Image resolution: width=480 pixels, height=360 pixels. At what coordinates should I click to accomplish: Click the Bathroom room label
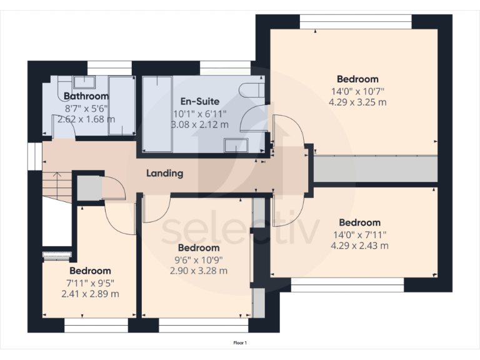pyautogui.click(x=86, y=96)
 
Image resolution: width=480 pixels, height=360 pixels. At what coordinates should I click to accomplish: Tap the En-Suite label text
pyautogui.click(x=199, y=101)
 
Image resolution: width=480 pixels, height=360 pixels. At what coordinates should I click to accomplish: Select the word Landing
pyautogui.click(x=165, y=173)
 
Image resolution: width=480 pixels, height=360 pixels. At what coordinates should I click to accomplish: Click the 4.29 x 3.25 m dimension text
pyautogui.click(x=357, y=102)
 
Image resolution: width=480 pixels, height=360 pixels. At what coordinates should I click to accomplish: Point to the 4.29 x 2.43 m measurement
pyautogui.click(x=359, y=246)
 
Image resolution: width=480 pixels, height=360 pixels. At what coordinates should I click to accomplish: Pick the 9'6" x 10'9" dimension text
pyautogui.click(x=198, y=260)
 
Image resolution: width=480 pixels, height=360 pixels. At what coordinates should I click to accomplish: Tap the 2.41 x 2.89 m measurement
pyautogui.click(x=90, y=294)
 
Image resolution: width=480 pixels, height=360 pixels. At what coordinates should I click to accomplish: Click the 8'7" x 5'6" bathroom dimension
pyautogui.click(x=86, y=107)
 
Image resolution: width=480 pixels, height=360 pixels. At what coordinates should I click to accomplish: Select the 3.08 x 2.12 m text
pyautogui.click(x=199, y=124)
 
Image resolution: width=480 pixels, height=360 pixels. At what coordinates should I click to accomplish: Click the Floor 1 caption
pyautogui.click(x=241, y=343)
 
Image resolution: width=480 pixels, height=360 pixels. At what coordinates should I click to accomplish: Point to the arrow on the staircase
pyautogui.click(x=55, y=182)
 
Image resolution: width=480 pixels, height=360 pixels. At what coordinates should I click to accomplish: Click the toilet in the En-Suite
pyautogui.click(x=255, y=89)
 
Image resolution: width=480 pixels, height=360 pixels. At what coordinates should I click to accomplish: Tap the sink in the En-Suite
pyautogui.click(x=236, y=145)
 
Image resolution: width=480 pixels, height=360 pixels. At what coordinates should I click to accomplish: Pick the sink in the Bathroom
pyautogui.click(x=83, y=82)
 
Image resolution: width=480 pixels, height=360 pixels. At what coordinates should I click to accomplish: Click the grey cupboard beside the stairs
pyautogui.click(x=88, y=188)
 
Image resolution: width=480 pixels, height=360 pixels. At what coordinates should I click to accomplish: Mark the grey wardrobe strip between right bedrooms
pyautogui.click(x=374, y=169)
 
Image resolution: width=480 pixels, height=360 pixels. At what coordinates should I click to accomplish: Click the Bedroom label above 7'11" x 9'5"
pyautogui.click(x=90, y=271)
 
